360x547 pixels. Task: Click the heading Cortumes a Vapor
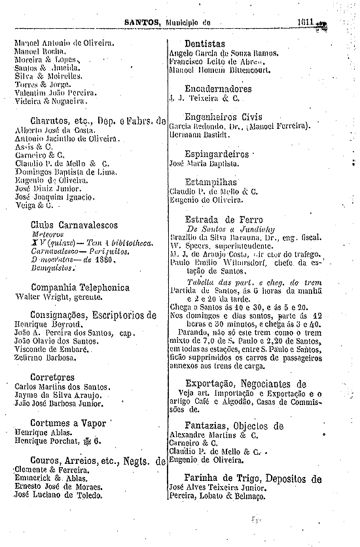coord(67,423)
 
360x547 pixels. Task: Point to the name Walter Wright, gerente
coord(55,297)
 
